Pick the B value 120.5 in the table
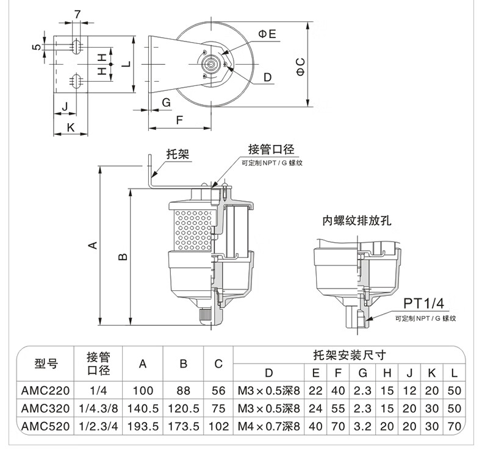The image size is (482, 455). coord(183,409)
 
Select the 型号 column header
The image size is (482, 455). coord(46,364)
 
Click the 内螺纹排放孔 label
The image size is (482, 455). coord(356,221)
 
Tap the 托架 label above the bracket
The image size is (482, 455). coord(178,155)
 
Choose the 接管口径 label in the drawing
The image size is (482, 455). coord(272,149)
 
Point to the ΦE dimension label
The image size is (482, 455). coord(267,34)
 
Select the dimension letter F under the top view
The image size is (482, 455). coord(180,120)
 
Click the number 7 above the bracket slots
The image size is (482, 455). coord(77,14)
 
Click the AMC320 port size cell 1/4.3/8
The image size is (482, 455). coord(98,409)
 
